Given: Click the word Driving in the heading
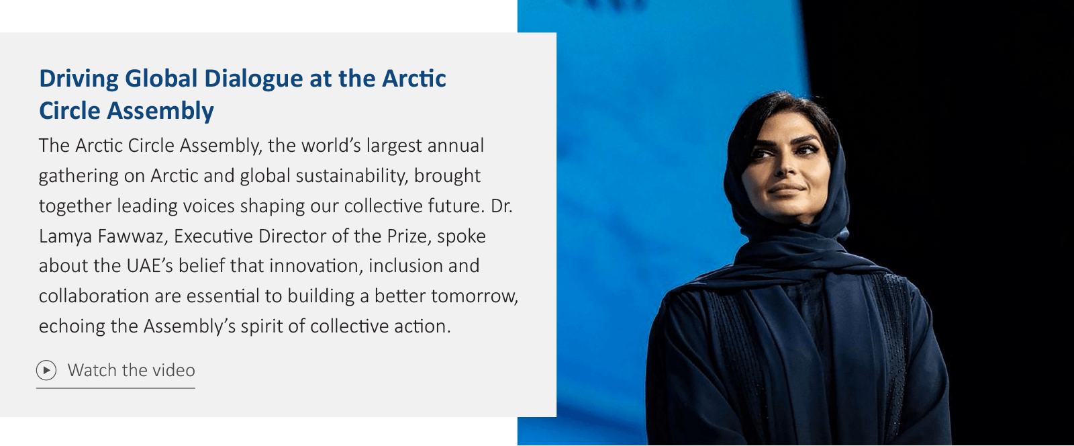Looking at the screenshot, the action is click(79, 79).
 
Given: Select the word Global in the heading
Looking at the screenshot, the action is click(161, 78).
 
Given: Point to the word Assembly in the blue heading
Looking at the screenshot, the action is click(160, 111).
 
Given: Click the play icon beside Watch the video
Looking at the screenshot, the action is click(46, 370).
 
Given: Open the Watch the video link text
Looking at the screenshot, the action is click(132, 370).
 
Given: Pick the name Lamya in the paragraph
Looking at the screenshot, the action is click(65, 236).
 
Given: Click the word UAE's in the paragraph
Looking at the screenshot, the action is click(150, 266).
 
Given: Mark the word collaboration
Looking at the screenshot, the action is click(93, 296).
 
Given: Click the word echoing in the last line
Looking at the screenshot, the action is click(72, 326).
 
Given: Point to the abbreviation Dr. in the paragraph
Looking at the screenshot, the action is click(501, 206).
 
